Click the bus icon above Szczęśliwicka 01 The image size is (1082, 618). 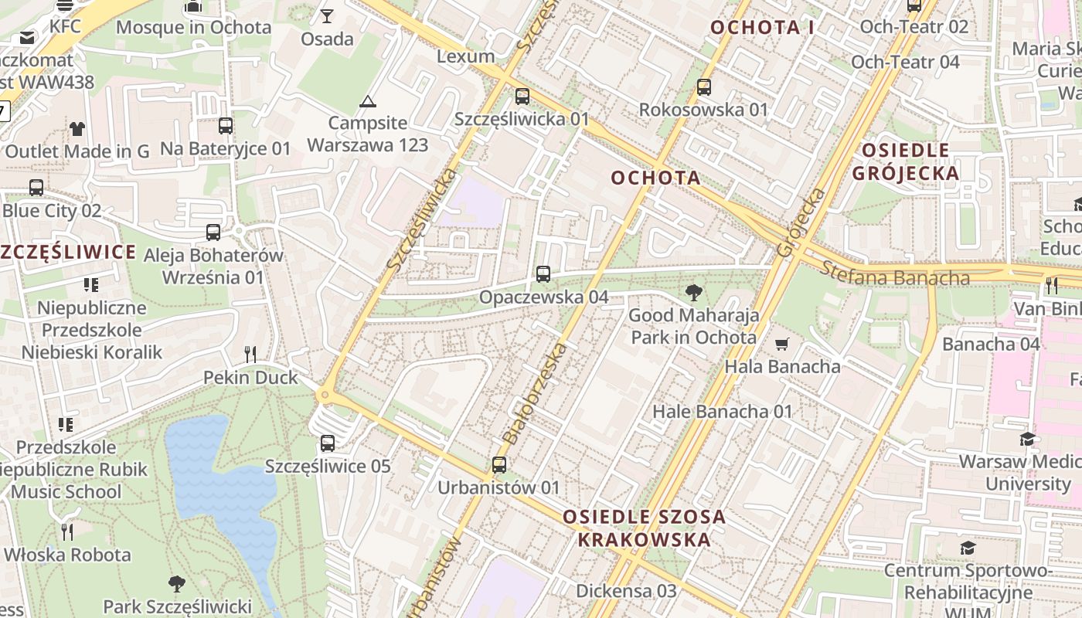tap(522, 97)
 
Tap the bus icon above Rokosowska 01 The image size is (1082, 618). tap(703, 87)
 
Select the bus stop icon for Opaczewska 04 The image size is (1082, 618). tap(543, 274)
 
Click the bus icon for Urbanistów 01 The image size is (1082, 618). tap(498, 465)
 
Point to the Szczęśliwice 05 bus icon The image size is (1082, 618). tap(328, 443)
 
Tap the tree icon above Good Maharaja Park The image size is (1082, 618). tap(694, 293)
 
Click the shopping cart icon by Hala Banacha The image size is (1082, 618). tap(782, 344)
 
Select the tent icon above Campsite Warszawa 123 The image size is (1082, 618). tap(368, 100)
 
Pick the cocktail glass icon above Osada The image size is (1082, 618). tap(327, 15)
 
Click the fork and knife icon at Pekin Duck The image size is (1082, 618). tap(250, 355)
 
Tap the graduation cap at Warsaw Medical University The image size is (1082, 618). tap(1026, 440)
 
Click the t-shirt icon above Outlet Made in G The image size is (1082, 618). tap(77, 128)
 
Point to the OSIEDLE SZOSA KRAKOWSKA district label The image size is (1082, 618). tap(645, 528)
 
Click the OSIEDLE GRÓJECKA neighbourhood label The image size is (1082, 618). tap(905, 161)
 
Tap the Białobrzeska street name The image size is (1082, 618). tap(535, 394)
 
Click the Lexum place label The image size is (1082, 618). tap(465, 56)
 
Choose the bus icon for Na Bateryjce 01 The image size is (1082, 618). tap(226, 125)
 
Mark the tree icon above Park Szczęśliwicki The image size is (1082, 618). tap(177, 583)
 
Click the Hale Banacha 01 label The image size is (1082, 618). tap(723, 411)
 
